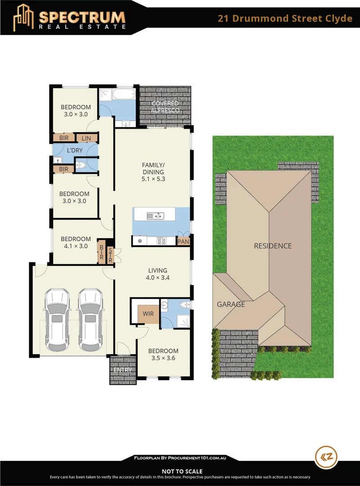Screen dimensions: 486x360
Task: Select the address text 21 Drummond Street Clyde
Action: click(x=285, y=18)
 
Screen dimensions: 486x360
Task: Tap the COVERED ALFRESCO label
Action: click(x=165, y=107)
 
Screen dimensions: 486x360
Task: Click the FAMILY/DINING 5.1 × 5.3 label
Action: click(x=153, y=172)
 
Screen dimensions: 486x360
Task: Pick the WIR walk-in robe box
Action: click(x=148, y=313)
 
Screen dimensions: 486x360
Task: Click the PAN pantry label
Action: click(x=183, y=242)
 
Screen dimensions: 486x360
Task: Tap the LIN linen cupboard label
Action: click(x=86, y=138)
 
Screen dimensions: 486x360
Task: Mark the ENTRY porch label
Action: click(x=122, y=370)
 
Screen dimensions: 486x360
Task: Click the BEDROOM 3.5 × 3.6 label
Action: click(x=163, y=355)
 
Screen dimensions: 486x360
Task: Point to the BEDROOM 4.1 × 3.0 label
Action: click(x=76, y=243)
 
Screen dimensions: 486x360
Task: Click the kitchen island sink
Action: click(x=156, y=216)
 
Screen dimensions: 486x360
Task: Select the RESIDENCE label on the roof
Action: click(x=273, y=246)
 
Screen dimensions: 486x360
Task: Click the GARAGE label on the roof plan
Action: click(x=231, y=304)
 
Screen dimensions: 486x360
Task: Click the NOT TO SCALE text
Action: click(x=180, y=471)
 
